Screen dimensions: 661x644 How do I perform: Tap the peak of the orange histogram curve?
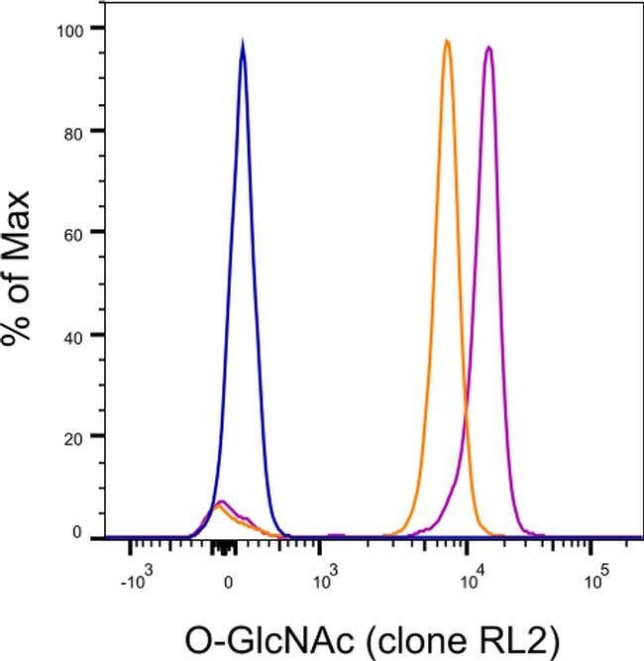click(x=447, y=41)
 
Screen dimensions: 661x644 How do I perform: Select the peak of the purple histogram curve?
click(x=488, y=47)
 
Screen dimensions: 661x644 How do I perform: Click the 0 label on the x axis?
click(x=228, y=582)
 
